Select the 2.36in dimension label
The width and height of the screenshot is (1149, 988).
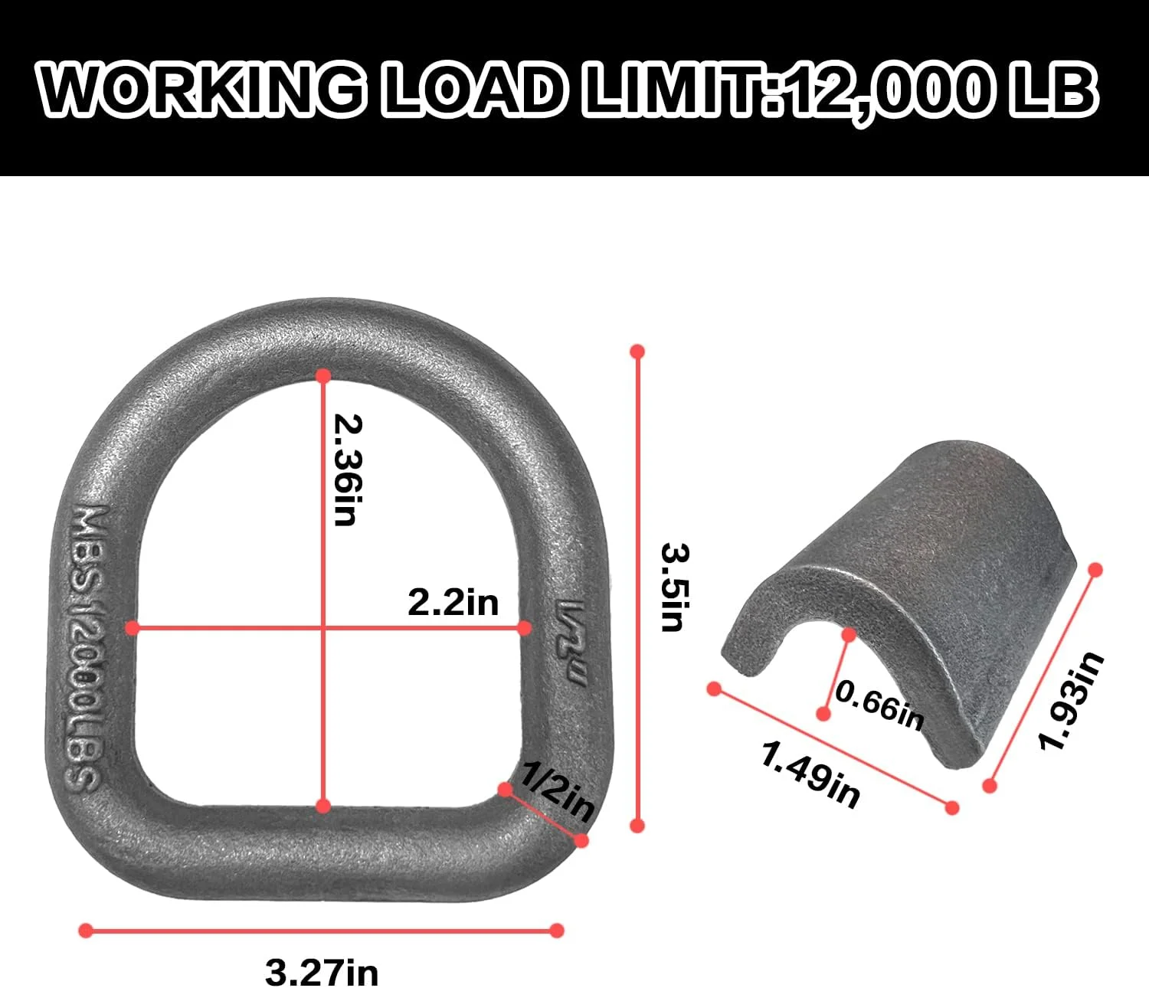[347, 469]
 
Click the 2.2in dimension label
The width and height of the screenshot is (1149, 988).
[453, 603]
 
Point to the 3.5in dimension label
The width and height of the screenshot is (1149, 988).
[672, 587]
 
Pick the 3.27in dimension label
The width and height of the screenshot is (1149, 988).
[322, 973]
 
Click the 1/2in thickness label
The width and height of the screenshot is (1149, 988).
[557, 792]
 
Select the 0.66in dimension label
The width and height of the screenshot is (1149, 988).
[879, 705]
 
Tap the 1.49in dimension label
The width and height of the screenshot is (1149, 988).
[810, 775]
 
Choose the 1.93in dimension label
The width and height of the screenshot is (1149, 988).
[1071, 701]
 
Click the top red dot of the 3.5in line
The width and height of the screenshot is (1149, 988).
[637, 352]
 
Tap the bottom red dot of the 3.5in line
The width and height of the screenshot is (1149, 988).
[637, 825]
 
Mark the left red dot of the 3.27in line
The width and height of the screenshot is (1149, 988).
[86, 931]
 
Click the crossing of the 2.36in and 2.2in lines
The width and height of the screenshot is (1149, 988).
[323, 628]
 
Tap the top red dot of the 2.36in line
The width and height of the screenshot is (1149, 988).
[323, 376]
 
